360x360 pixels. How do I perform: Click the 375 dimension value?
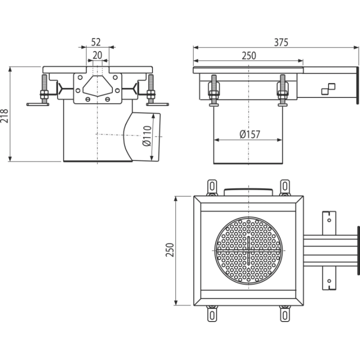point(281,42)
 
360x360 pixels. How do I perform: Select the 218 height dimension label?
point(4,116)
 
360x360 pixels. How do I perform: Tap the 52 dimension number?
point(96,42)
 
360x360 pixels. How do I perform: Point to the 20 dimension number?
point(97,55)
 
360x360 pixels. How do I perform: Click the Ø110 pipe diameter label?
point(147,136)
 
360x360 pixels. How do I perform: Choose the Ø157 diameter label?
point(249,134)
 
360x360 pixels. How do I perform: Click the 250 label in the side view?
point(249,56)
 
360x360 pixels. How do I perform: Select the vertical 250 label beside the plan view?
point(170,250)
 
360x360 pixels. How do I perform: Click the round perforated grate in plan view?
point(248,250)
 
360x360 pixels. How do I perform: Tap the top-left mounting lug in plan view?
point(212,187)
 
